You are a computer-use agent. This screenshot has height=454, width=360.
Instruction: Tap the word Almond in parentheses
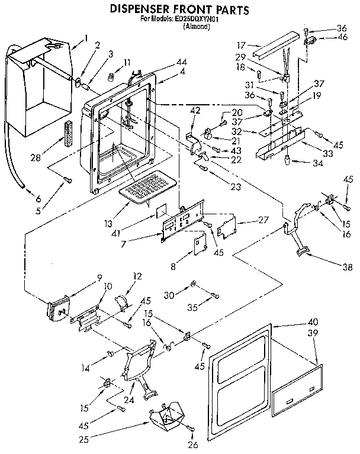pyautogui.click(x=178, y=27)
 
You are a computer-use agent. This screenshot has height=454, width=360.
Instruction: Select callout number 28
pyautogui.click(x=34, y=159)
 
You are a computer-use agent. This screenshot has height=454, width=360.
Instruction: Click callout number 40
pyautogui.click(x=313, y=322)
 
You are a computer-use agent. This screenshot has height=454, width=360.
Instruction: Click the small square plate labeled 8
pyautogui.click(x=199, y=244)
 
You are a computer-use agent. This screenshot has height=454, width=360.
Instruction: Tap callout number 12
pyautogui.click(x=137, y=276)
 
